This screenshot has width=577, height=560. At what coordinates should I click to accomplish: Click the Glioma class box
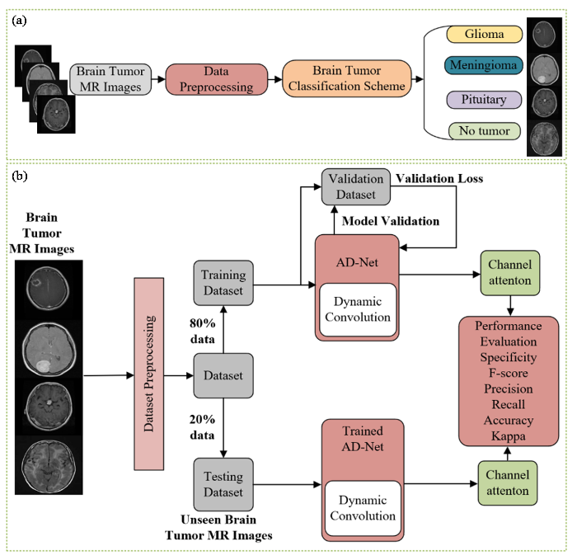(x=486, y=35)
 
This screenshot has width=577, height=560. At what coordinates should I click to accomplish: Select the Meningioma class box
(x=486, y=64)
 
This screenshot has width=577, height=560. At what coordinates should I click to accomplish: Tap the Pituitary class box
(x=486, y=100)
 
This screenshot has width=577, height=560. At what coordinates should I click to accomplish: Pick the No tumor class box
(x=486, y=130)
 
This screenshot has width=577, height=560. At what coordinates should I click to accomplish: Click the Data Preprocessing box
(x=216, y=79)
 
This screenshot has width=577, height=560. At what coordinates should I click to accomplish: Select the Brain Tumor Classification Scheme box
(x=347, y=79)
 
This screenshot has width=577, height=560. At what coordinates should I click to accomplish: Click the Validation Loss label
(x=439, y=178)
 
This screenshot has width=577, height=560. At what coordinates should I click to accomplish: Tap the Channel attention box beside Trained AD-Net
(x=507, y=483)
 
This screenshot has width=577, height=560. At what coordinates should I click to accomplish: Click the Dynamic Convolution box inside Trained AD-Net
(x=364, y=507)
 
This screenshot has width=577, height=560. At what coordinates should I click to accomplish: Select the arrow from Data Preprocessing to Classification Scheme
(x=275, y=79)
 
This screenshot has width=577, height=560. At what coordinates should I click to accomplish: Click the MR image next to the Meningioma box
(x=544, y=68)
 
